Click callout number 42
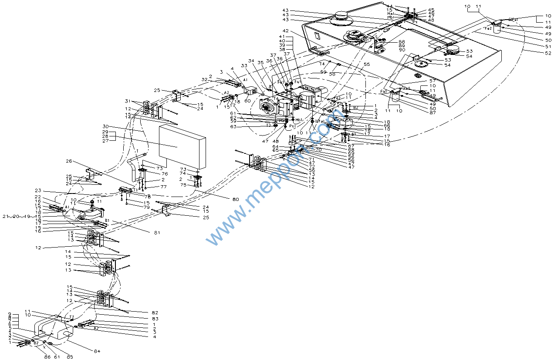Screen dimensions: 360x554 pos(285,31)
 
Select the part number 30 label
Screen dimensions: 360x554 pos(105,127)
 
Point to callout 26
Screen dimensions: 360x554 pos(69,161)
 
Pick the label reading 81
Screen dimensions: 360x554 pos(157,233)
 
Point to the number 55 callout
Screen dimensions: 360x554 pos(367,65)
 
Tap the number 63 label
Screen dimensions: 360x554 pos(233,127)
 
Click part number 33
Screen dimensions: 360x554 pos(243,66)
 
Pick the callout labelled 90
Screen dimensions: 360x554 pos(402,50)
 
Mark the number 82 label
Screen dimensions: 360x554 pos(155,313)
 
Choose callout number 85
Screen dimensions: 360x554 pos(69,357)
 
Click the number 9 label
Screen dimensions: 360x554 pos(10,314)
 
